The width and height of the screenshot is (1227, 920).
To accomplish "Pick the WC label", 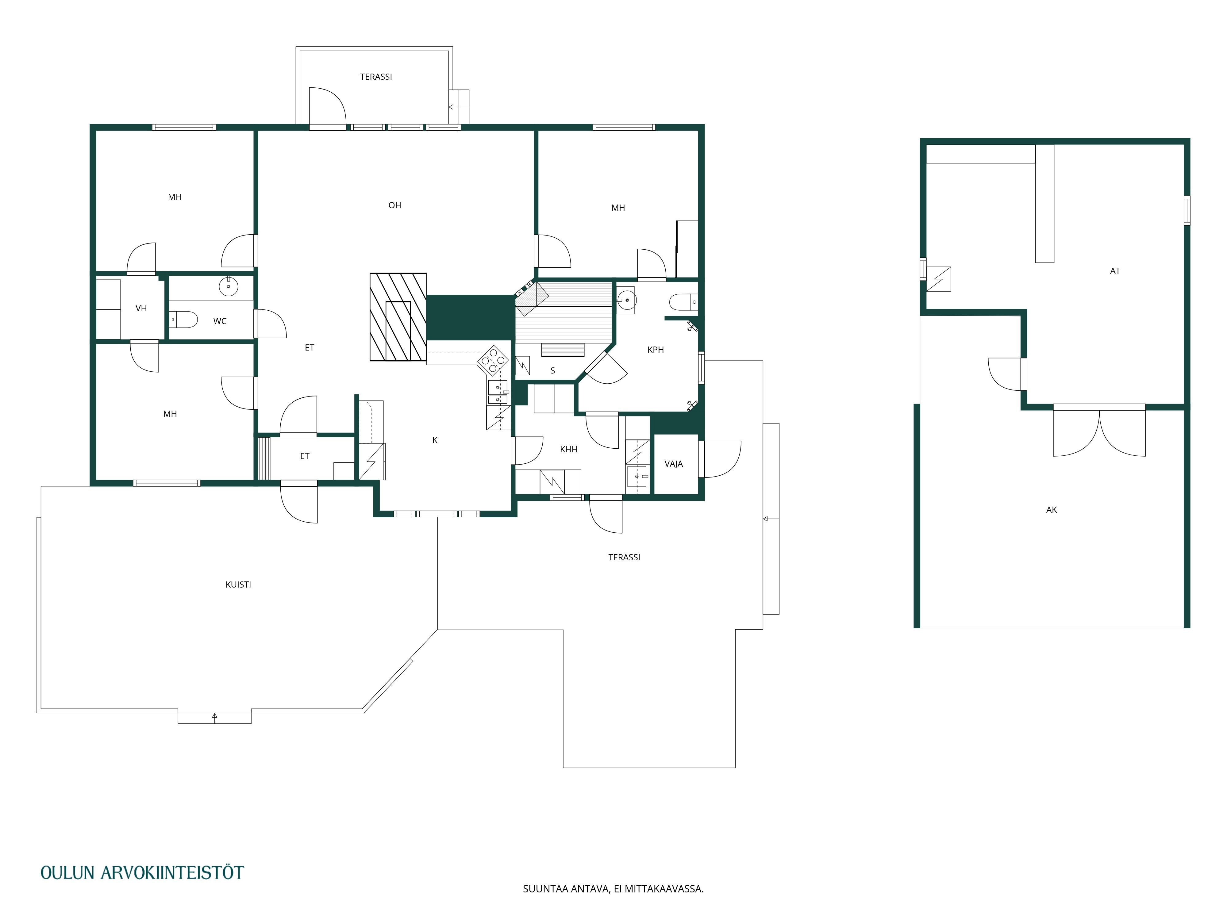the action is pyautogui.click(x=220, y=321).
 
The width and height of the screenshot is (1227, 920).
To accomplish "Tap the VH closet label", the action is pyautogui.click(x=141, y=308).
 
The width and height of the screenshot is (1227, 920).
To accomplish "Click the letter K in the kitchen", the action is pyautogui.click(x=435, y=440).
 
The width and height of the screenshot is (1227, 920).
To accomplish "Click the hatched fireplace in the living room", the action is pyautogui.click(x=398, y=317).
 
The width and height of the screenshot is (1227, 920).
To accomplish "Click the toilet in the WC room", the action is pyautogui.click(x=184, y=320).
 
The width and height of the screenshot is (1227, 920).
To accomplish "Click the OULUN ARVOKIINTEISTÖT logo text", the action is pyautogui.click(x=142, y=873).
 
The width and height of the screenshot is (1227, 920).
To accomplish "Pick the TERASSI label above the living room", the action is pyautogui.click(x=376, y=77).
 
